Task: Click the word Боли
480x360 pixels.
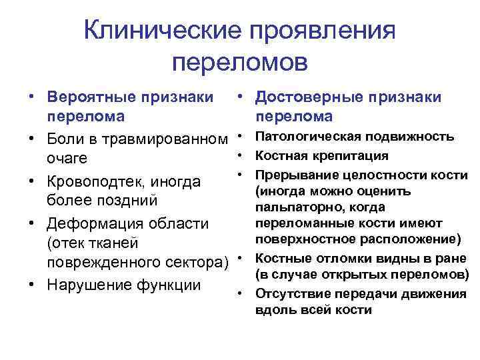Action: point(66,140)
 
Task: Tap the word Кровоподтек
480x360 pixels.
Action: point(97,181)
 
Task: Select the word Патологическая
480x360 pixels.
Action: point(304,137)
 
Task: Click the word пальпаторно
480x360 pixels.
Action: point(293,208)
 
